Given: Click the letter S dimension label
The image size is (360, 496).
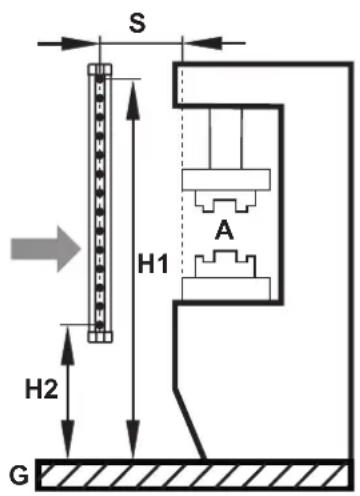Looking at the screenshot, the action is tap(137, 24).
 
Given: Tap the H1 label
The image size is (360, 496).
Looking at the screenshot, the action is tap(153, 263).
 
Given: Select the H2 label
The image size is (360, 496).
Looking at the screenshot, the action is tap(42, 389).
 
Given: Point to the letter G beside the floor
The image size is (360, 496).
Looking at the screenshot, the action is tap(19, 475).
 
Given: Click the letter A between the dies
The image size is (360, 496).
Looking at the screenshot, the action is tap(224, 230).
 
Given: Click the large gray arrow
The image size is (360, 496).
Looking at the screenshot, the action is tap(46, 249).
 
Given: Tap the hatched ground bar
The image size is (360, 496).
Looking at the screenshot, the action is tap(194, 475).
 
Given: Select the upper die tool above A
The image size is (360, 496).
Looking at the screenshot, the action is tap(225, 201).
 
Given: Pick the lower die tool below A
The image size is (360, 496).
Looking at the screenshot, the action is tap(225, 264).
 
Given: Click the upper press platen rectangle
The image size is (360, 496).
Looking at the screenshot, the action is tap(226, 180).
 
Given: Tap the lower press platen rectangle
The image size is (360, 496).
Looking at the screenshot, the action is tap(226, 288).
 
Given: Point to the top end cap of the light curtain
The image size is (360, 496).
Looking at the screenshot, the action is tap(100, 70).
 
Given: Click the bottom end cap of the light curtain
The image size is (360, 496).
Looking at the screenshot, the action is tap(100, 337).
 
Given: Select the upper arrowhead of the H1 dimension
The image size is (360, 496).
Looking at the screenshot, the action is tap(133, 100).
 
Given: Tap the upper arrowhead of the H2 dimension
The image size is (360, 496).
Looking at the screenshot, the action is tap(68, 346).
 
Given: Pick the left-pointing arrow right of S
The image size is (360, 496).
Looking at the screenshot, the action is tap(214, 43).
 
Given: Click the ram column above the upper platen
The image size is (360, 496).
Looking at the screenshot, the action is tap(226, 139).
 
